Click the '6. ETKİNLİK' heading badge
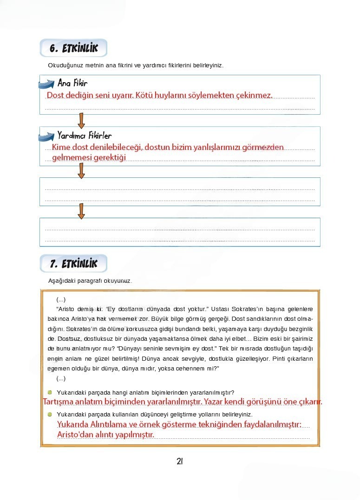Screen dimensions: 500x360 [73, 48]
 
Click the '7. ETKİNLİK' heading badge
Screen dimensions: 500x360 [73, 264]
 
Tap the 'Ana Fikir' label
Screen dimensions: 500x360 [72, 84]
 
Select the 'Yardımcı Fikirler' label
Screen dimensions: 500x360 [84, 136]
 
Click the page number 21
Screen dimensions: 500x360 [180, 461]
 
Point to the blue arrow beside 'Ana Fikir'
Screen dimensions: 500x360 [46, 84]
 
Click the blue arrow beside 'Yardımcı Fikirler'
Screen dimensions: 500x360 [46, 136]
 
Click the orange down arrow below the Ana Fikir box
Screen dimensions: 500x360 [81, 120]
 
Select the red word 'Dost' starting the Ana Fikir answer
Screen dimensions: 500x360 [54, 95]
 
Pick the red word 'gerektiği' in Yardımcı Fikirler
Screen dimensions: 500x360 [110, 158]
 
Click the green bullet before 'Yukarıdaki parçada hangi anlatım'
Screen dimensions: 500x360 [50, 392]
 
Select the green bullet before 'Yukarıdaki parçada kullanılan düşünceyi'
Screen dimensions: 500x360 [50, 414]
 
